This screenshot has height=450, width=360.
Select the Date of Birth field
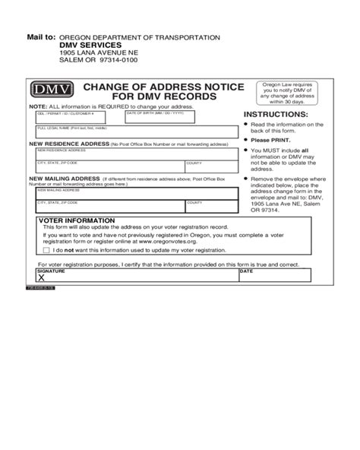(x=182, y=118)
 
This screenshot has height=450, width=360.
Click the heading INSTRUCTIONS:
(x=275, y=115)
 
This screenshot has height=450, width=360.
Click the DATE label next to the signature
(x=246, y=271)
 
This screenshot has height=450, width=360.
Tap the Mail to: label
(x=41, y=36)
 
